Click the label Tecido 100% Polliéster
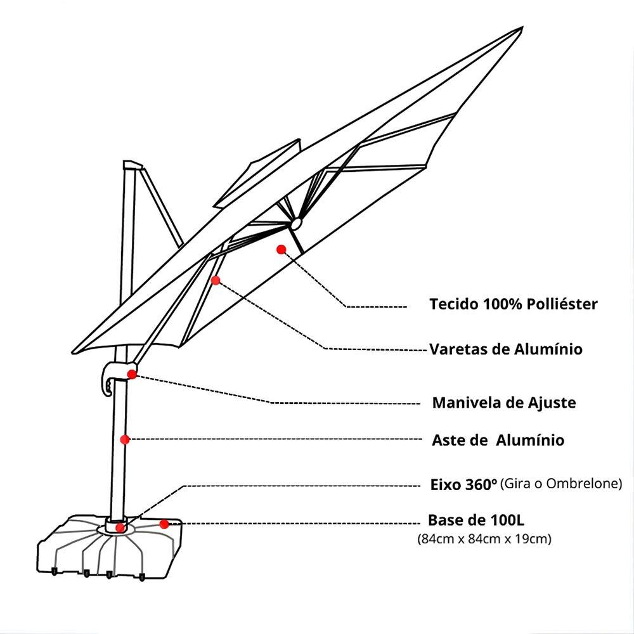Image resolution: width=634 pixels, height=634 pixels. (513, 304)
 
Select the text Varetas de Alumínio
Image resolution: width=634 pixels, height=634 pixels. (506, 349)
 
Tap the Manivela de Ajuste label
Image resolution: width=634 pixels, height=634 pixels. (504, 403)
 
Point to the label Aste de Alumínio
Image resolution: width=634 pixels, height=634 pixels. (498, 440)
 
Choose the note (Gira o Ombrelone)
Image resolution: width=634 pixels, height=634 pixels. (561, 484)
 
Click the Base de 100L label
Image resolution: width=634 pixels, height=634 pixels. (476, 521)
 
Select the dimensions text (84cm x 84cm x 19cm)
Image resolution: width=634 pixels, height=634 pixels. (484, 540)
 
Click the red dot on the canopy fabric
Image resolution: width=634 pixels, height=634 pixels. (281, 249)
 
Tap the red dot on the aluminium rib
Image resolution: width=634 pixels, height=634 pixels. (216, 280)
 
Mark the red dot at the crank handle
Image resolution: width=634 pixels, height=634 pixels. (132, 374)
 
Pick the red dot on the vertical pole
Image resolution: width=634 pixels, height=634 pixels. (125, 439)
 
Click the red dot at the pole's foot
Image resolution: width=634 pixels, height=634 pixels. (120, 527)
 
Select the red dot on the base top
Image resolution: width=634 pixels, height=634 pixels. (164, 524)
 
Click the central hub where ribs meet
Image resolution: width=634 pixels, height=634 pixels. (295, 224)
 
